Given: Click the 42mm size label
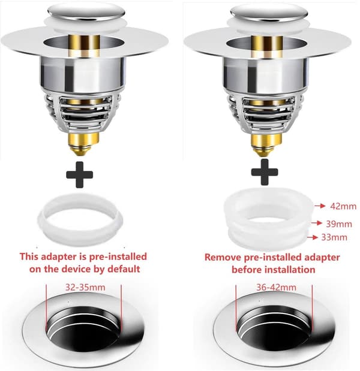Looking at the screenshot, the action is [343, 206].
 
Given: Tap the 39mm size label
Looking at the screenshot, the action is [339, 224].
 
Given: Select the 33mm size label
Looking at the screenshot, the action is [334, 237].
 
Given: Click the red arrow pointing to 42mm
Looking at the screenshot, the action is [320, 206].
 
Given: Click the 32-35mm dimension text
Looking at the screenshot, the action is [85, 287].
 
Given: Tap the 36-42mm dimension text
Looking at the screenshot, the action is [276, 287].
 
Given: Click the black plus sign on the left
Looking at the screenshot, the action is [79, 175].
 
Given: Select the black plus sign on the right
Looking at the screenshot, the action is [265, 172].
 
